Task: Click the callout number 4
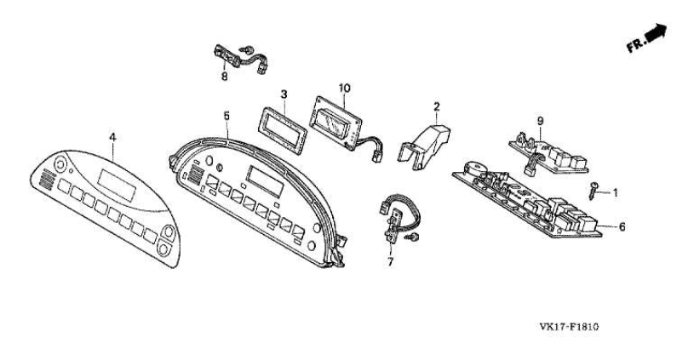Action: (112, 135)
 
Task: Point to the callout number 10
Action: (344, 88)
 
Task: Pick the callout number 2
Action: (436, 106)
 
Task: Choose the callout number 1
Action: (616, 193)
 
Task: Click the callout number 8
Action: (225, 77)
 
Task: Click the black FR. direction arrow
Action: (656, 33)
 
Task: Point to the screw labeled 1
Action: (594, 190)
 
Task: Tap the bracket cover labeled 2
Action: (428, 140)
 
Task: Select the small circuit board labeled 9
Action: (550, 151)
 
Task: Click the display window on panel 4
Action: (116, 180)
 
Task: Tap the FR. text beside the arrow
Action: (635, 45)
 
